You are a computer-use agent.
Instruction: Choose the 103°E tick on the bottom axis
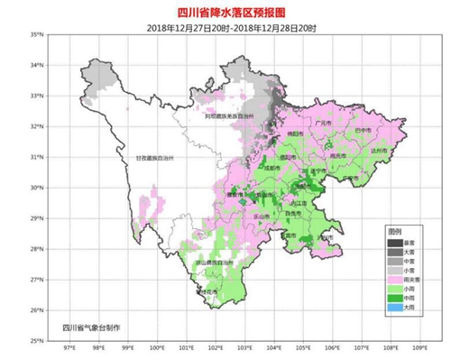pos(244,348)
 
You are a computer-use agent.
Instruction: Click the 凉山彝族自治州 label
pos(210,263)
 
